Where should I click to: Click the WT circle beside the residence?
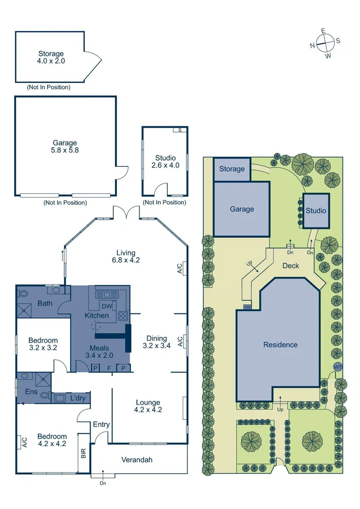click(337, 367)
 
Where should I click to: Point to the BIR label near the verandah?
click(83, 453)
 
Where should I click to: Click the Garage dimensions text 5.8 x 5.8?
click(65, 150)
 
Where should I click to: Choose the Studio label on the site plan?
click(316, 211)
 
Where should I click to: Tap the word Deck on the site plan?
click(291, 266)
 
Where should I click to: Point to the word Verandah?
click(137, 460)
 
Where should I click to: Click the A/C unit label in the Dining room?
click(180, 342)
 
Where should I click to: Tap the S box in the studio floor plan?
click(179, 130)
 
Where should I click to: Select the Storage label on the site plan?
click(232, 169)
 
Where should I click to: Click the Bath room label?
click(45, 303)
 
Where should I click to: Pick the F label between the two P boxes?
click(109, 368)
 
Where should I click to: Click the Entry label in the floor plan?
click(101, 425)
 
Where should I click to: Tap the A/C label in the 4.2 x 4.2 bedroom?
click(24, 442)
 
